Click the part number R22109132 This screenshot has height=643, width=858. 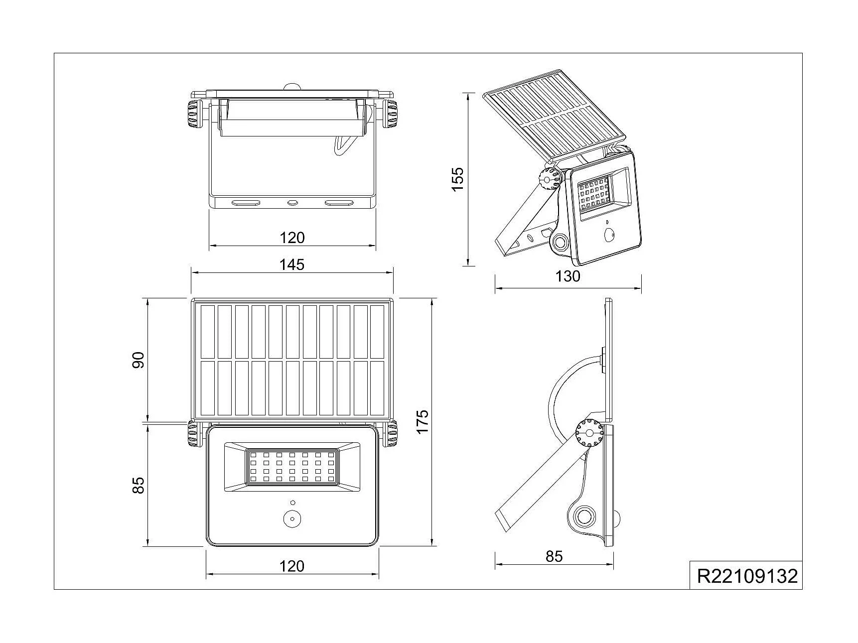click(x=746, y=576)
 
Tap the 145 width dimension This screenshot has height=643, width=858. click(x=291, y=264)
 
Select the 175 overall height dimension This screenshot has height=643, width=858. click(x=422, y=421)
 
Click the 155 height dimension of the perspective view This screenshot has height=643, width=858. click(x=457, y=178)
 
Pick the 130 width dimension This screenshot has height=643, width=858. click(x=568, y=276)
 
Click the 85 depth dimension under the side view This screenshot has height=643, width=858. click(x=554, y=556)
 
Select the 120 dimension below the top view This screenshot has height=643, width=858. click(x=291, y=238)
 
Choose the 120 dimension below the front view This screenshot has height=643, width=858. click(x=291, y=566)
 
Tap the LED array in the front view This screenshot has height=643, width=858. click(x=291, y=467)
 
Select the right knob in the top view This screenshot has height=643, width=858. click(x=390, y=114)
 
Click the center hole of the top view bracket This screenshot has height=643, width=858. click(x=292, y=203)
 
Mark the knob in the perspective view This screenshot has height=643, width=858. click(x=550, y=179)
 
